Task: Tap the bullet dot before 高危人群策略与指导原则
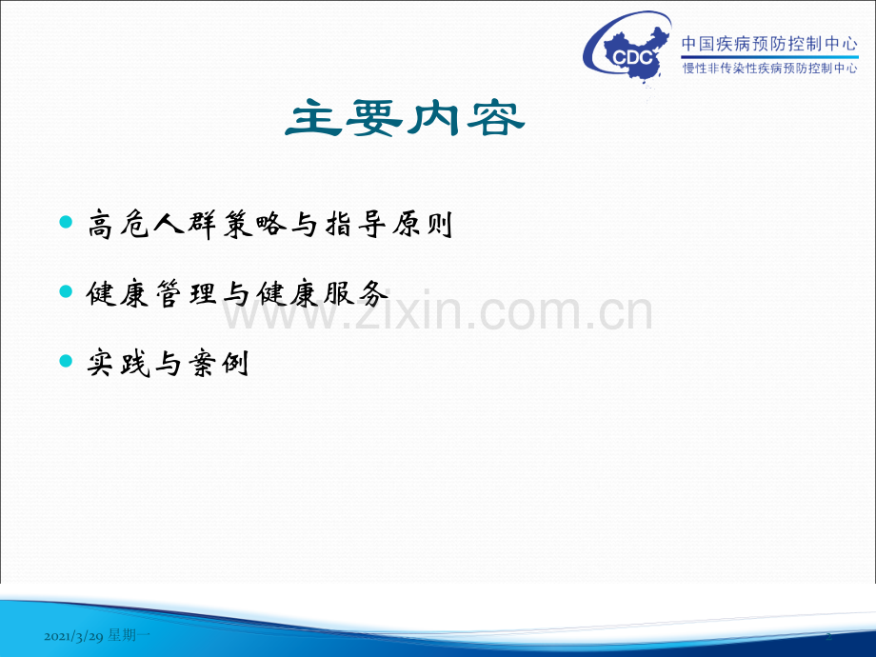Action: click(x=65, y=223)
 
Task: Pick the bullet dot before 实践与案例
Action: click(x=65, y=361)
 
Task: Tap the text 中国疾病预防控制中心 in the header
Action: click(x=769, y=43)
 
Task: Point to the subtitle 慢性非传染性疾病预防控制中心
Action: click(x=769, y=69)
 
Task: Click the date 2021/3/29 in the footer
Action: click(x=73, y=634)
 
